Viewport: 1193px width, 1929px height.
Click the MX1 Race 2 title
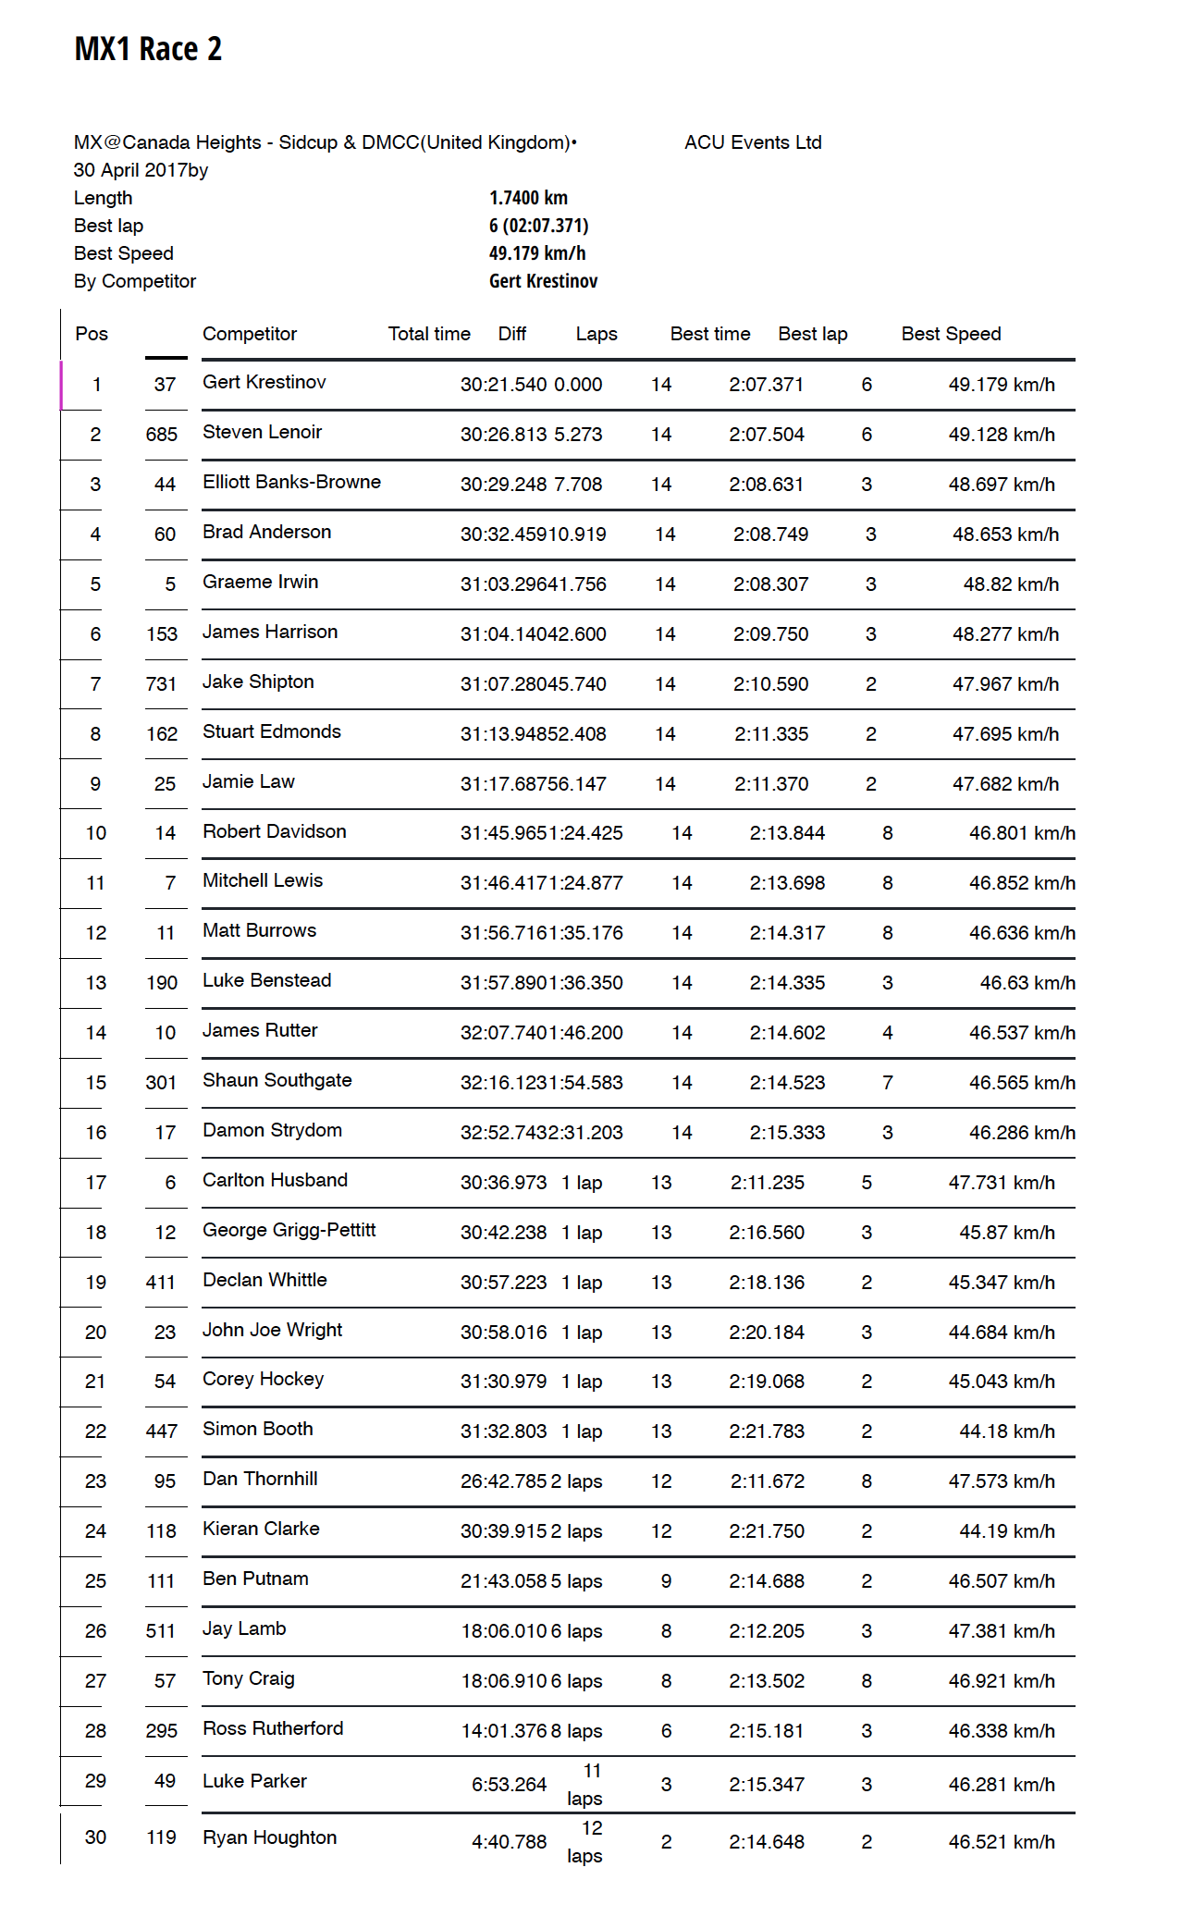coord(148,49)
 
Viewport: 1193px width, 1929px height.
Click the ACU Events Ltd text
coord(753,142)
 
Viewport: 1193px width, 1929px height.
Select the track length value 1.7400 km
coord(528,198)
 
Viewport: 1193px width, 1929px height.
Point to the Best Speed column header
coord(951,334)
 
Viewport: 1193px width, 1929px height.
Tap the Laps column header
coord(596,334)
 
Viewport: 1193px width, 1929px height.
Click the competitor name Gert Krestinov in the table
coord(264,382)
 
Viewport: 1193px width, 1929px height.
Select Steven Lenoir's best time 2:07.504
coord(767,435)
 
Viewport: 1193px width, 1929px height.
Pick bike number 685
coord(162,435)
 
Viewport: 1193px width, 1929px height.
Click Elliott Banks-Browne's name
coord(291,482)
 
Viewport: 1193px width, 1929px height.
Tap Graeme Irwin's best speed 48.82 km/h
coord(1011,584)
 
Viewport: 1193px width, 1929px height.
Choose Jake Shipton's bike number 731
coord(161,684)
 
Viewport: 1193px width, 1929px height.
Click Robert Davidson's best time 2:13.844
coord(787,833)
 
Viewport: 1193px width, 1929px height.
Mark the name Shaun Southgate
coord(277,1080)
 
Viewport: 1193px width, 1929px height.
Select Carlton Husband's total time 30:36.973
coord(504,1183)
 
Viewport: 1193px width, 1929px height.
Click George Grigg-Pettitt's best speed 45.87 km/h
coord(1007,1233)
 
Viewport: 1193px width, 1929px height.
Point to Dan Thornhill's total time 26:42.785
coord(504,1481)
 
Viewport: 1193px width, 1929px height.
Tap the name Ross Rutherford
coord(273,1728)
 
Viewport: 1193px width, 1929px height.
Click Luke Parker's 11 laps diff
coord(585,1785)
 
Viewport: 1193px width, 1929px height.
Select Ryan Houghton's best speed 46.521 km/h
coord(1002,1842)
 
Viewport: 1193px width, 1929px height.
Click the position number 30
coord(95,1837)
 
